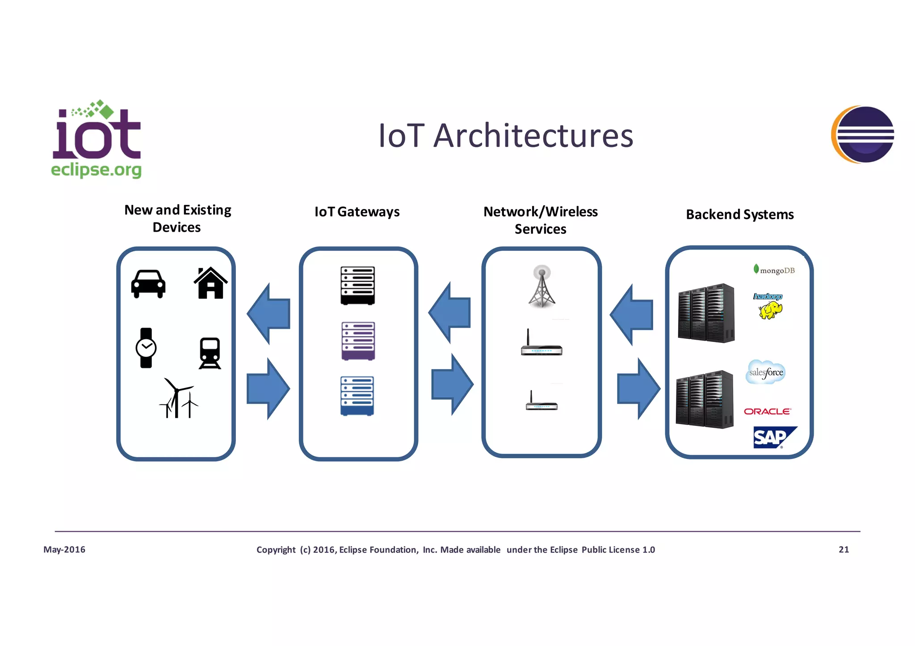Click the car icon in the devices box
point(148,284)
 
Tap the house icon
point(210,283)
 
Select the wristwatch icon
point(146,348)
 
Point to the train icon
point(210,353)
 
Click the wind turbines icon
point(178,398)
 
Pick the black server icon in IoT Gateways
point(357,286)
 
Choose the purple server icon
point(358,341)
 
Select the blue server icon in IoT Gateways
point(357,396)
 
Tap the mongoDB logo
point(774,270)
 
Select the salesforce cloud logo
point(766,372)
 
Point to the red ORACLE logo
point(767,411)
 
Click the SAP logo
point(773,437)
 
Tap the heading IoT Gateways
point(357,212)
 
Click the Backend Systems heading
point(740,215)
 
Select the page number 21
point(844,550)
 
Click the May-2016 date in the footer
point(64,550)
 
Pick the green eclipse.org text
point(96,170)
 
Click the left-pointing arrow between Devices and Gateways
point(269,313)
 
